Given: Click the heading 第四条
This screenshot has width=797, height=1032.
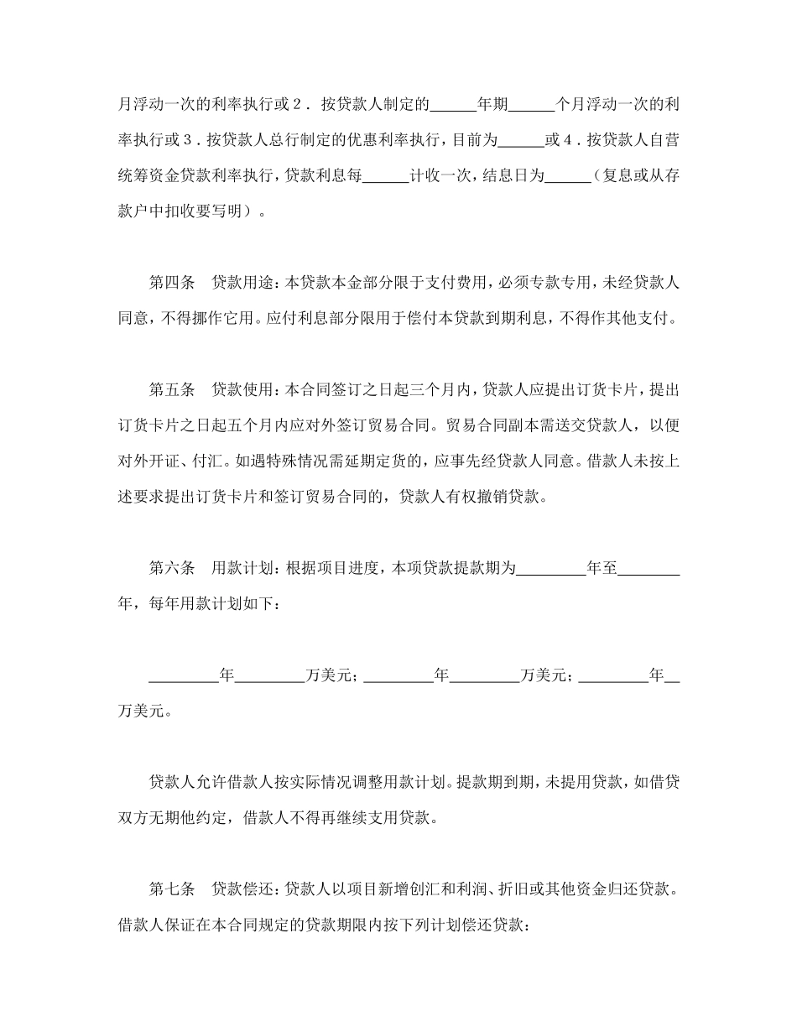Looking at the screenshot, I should pos(172,282).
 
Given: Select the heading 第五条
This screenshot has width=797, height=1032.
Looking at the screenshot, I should pos(172,389).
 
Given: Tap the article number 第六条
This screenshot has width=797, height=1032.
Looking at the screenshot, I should pos(172,568).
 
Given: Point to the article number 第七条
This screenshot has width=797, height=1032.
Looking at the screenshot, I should pos(172,889).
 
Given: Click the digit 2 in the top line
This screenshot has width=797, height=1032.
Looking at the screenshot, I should pos(298,105).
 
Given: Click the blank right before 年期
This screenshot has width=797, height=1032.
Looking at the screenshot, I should pos(452,105).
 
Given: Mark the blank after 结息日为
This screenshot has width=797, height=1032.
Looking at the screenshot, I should pos(568,175).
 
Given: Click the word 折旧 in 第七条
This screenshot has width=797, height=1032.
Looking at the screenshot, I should pos(529,889).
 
